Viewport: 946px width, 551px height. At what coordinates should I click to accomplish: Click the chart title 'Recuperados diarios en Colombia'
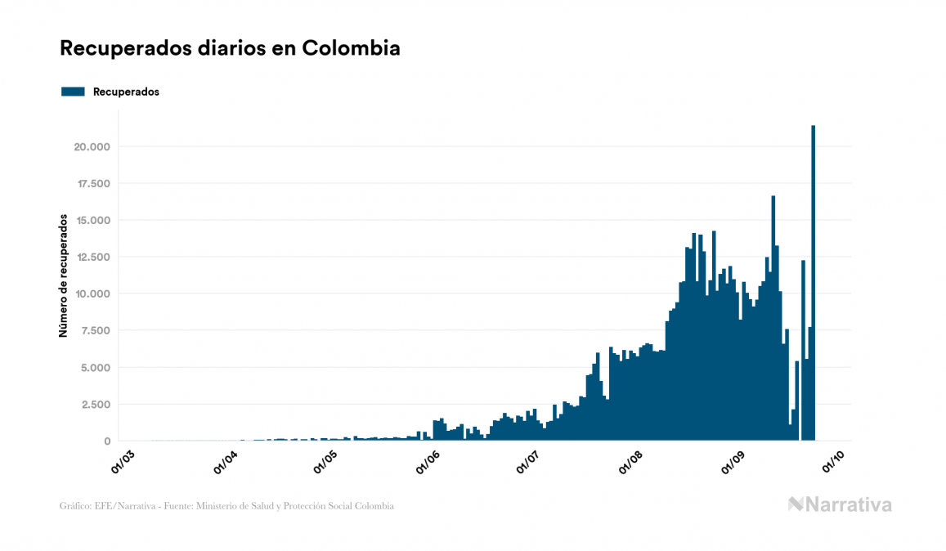(x=230, y=48)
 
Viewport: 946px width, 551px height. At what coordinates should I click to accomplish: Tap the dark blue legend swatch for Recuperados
(x=73, y=92)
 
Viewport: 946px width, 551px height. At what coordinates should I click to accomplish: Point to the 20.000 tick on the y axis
(x=92, y=147)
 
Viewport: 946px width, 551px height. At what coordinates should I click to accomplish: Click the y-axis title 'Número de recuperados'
(x=63, y=275)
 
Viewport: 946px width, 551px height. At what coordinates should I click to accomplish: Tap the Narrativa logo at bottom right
(x=840, y=504)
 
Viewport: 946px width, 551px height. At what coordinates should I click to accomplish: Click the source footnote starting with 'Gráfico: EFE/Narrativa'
(x=226, y=506)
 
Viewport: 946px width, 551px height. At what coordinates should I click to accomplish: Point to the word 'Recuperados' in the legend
(x=126, y=92)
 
